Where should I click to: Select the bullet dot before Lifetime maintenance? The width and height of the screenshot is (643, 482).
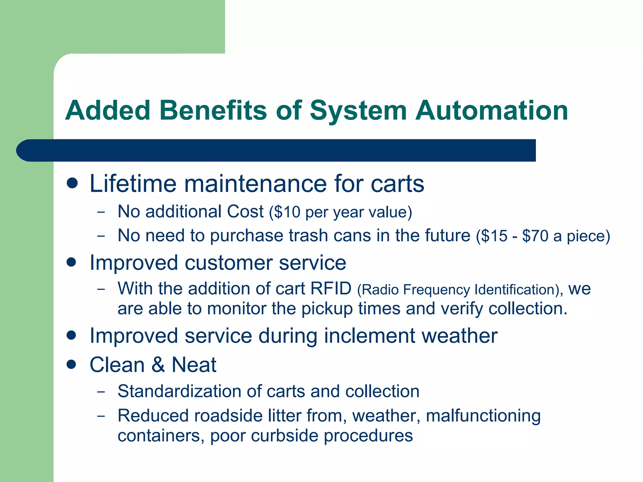[x=72, y=183]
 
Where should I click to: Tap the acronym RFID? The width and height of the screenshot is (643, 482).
[x=331, y=288]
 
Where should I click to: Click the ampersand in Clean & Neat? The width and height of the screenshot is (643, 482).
[x=158, y=365]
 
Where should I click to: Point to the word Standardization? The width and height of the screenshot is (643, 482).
[x=179, y=391]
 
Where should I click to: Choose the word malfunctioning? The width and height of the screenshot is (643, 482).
[x=483, y=416]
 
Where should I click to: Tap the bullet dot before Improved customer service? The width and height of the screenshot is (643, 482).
[x=72, y=262]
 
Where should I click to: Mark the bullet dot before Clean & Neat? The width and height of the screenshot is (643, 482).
[x=72, y=364]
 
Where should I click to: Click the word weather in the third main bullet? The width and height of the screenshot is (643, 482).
[x=459, y=336]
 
